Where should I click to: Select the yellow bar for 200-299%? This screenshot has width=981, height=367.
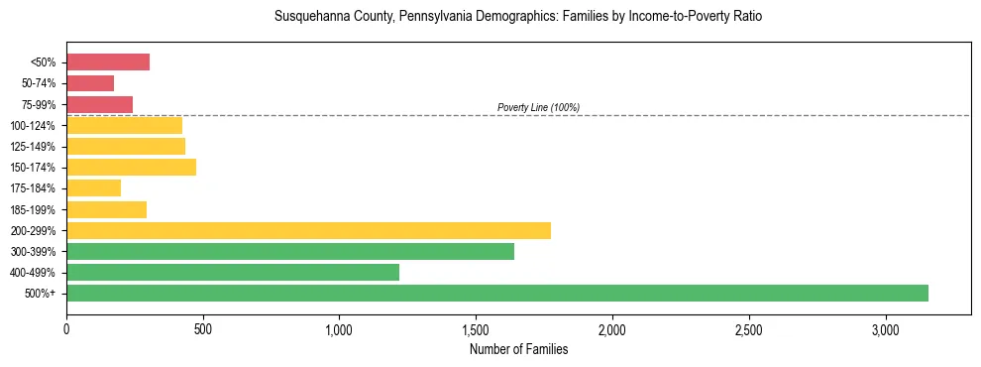click(308, 230)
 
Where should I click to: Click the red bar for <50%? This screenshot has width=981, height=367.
click(108, 62)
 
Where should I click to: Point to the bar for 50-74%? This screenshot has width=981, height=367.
click(90, 83)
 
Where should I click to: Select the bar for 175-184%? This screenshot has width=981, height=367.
click(93, 187)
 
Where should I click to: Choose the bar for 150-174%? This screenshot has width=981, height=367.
click(131, 167)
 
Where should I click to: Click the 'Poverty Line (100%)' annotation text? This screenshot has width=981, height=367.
click(538, 107)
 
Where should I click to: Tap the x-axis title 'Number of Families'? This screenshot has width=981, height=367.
click(518, 349)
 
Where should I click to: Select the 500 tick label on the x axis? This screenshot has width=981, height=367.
click(203, 329)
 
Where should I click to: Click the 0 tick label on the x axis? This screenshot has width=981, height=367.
click(66, 329)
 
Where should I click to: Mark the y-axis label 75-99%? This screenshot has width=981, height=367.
click(39, 104)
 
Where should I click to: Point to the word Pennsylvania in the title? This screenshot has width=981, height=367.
click(432, 17)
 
